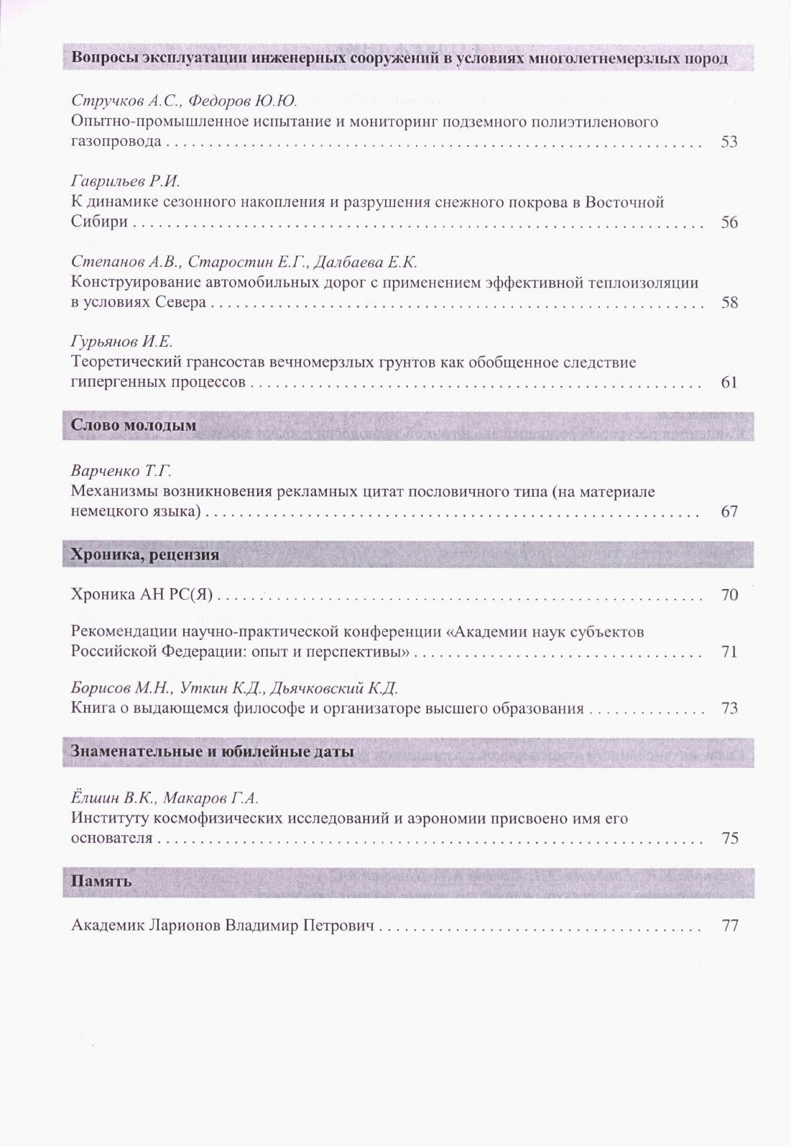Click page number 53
729,142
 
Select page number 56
729,222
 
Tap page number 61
729,383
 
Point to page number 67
729,512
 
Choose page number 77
729,926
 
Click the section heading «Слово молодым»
134,426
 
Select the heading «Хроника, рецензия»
145,555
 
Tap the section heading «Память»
101,881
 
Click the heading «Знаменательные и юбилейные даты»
213,752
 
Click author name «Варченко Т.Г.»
121,472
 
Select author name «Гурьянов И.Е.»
122,342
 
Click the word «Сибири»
99,222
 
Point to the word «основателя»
112,838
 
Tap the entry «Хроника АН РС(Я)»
143,595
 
